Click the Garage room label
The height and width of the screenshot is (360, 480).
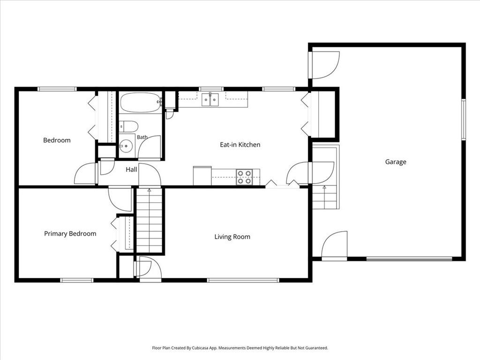396,162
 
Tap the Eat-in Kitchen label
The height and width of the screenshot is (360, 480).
240,144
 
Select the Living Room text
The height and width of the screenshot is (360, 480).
232,237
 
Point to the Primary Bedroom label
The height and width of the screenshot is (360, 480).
70,233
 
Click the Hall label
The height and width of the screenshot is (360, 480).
131,169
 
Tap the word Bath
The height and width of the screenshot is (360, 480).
142,137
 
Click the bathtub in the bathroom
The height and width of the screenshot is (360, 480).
141,103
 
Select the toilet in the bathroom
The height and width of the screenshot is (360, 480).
128,126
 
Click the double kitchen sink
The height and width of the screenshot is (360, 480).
210,99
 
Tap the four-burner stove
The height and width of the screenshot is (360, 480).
244,177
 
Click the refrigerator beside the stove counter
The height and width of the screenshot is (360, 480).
202,176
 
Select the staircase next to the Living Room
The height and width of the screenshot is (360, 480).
149,220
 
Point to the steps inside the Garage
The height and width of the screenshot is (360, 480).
324,197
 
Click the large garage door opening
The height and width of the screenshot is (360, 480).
409,259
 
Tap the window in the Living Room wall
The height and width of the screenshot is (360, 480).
243,280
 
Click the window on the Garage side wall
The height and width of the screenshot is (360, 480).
464,120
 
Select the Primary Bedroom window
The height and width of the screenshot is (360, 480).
76,280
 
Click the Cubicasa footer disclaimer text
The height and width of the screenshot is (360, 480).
240,348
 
